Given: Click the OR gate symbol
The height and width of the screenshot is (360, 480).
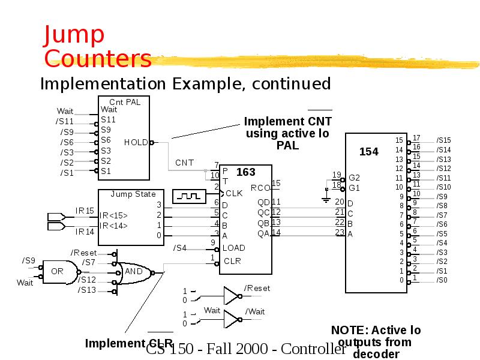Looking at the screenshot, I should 59,271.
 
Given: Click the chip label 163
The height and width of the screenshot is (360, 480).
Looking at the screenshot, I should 245,173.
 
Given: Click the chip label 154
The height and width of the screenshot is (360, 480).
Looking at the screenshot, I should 368,152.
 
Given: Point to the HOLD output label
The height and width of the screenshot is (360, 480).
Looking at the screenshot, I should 136,143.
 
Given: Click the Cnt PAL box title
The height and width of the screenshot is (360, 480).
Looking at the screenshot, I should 124,102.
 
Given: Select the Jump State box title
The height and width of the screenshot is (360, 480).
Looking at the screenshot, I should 133,194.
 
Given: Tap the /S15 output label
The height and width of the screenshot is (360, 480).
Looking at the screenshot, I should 443,140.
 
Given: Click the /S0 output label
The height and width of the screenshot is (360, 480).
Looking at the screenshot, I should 442,280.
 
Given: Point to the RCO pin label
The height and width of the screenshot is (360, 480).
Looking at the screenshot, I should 260,188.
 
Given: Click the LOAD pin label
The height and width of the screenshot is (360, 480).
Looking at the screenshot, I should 234,248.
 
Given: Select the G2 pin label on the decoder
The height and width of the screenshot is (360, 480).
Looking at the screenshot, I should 354,178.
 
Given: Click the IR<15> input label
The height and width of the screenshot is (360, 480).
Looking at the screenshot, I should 113,215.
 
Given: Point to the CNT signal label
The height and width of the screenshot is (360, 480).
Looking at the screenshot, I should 185,163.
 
